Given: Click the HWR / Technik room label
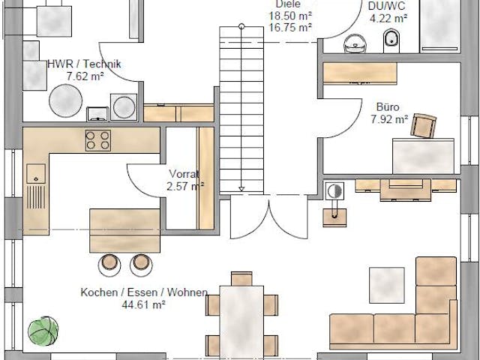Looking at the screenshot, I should [x=83, y=65].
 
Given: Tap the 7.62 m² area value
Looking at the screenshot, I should [x=83, y=76].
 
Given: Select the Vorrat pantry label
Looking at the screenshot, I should [x=183, y=173].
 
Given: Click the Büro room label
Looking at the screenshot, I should [x=388, y=106].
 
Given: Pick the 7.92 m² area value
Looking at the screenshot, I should [x=388, y=118].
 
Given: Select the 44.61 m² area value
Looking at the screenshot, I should [x=142, y=304].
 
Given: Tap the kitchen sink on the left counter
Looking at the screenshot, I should [x=34, y=174].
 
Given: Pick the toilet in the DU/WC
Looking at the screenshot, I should [x=391, y=40].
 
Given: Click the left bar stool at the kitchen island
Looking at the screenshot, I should [x=110, y=263].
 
